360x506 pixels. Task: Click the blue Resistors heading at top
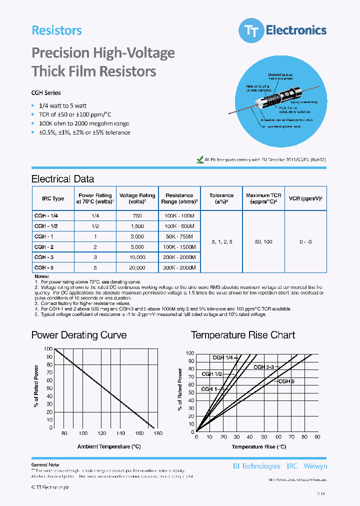point(56,30)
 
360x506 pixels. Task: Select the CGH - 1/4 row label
point(46,215)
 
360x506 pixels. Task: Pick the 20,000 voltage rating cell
point(136,268)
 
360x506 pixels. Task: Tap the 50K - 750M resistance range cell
point(179,235)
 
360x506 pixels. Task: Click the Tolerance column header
point(221,198)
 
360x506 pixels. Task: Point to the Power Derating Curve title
point(79,335)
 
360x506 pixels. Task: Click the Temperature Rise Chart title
point(243,335)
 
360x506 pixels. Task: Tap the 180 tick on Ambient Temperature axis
point(158,433)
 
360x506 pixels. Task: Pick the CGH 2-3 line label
point(263,367)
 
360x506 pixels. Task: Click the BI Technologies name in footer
point(256,466)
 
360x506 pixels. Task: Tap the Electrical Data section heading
point(62,179)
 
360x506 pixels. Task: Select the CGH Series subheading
point(46,93)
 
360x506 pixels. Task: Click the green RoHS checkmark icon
point(200,159)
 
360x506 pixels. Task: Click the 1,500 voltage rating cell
point(136,226)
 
